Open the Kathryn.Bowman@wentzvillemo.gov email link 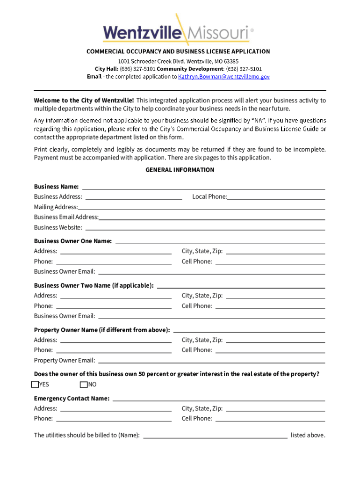(x=224, y=77)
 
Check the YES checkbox (x=35, y=385)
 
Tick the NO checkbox (x=84, y=385)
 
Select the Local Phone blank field (x=276, y=197)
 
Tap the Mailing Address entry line (x=202, y=207)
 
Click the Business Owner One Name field (x=220, y=241)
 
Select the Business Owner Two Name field (x=241, y=286)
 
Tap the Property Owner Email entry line (x=211, y=361)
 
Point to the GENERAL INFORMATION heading (x=180, y=170)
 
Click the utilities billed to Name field (x=215, y=435)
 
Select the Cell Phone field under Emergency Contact (x=270, y=419)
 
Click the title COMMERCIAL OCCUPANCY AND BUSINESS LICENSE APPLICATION (x=178, y=51)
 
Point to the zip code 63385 (x=230, y=61)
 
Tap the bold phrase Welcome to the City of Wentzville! (x=84, y=101)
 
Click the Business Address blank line (x=134, y=197)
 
